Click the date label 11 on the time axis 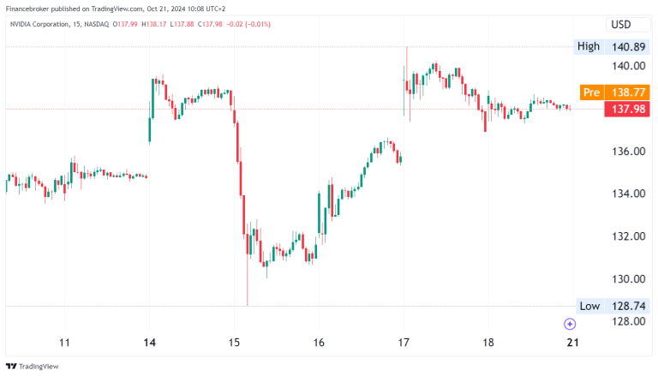(64, 343)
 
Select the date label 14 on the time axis (149, 343)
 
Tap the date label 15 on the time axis (233, 343)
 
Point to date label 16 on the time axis (318, 343)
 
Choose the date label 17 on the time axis (402, 343)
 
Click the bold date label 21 (571, 343)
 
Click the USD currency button (621, 25)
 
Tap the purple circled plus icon (570, 324)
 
